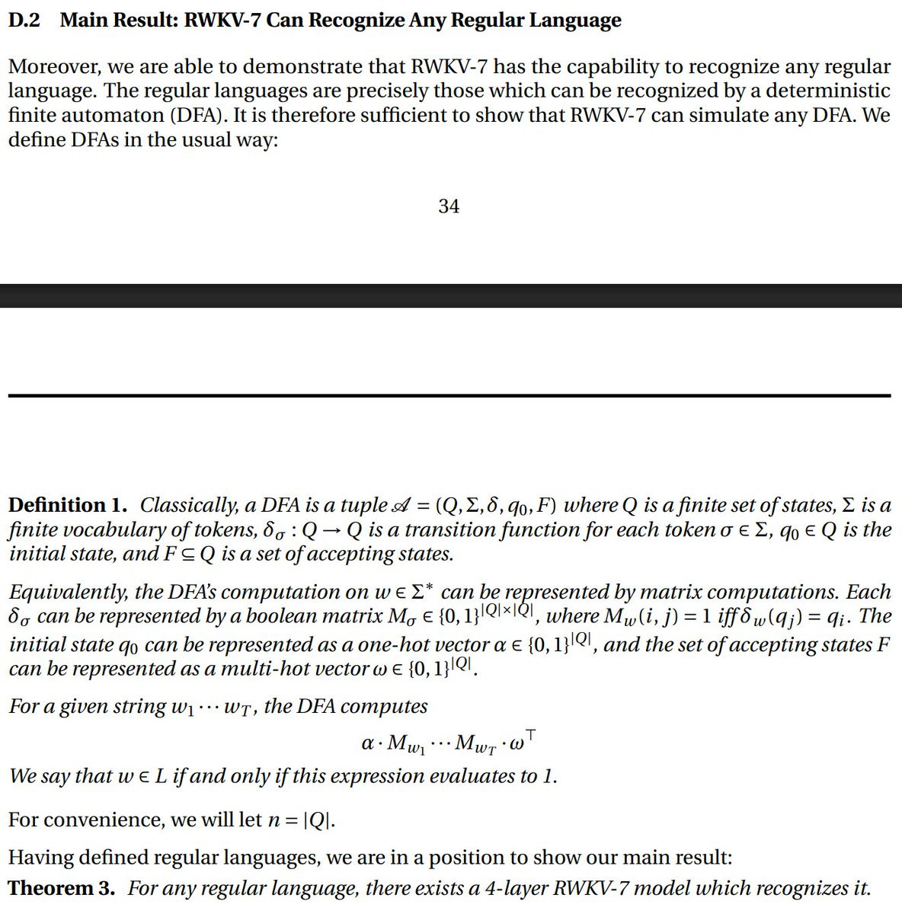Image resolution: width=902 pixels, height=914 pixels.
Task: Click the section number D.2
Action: click(24, 21)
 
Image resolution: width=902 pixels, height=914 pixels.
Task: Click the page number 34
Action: click(449, 206)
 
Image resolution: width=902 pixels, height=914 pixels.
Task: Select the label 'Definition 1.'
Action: click(68, 505)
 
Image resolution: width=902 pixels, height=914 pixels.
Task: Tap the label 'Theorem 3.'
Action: click(62, 888)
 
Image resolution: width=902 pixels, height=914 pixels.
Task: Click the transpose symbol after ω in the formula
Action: click(531, 734)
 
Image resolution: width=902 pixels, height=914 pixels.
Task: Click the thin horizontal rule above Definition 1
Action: click(449, 395)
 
